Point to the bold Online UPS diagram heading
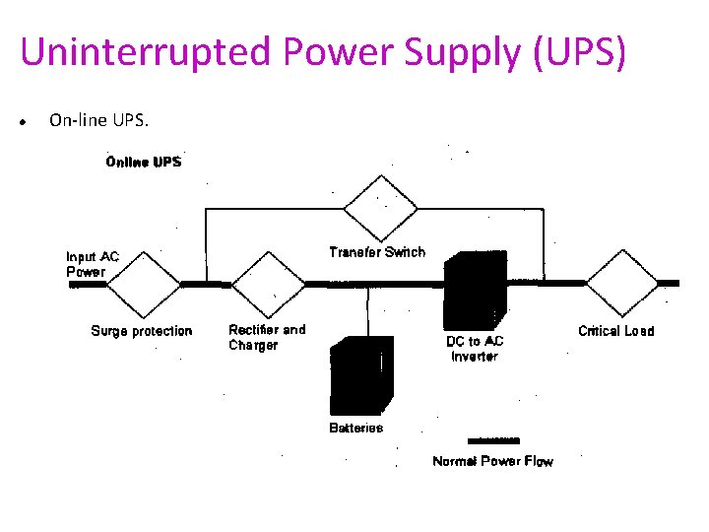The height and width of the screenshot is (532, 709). coord(144,162)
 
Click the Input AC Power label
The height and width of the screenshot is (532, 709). coord(93,264)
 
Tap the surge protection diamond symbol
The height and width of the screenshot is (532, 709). coord(144,283)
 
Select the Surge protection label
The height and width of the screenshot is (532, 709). coord(142,331)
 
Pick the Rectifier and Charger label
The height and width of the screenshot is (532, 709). coord(267,337)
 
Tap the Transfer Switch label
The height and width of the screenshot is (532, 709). coord(377,252)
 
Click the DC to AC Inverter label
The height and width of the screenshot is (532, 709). coord(475,348)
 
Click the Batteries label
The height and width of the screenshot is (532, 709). coord(355,428)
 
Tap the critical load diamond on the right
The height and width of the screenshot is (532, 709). coord(622,282)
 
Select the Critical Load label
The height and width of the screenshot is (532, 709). coord(615,331)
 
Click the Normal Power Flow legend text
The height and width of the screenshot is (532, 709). coord(492,461)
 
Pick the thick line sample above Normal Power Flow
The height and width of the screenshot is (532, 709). coord(492,440)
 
